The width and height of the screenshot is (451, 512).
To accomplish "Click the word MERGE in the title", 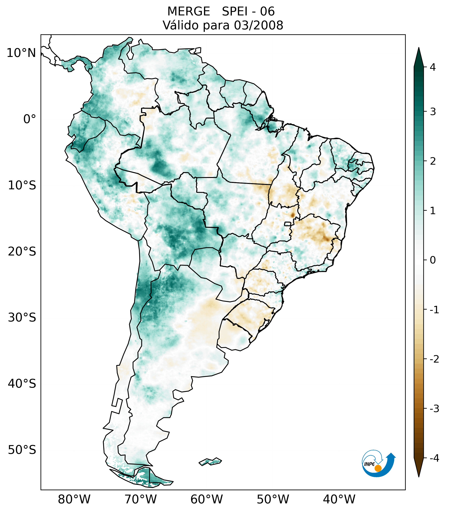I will (189, 12).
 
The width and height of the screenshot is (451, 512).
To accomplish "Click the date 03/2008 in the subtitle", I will (259, 25).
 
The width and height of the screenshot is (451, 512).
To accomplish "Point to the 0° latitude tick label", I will (30, 119).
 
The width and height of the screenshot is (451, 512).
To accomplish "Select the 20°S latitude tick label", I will (22, 252).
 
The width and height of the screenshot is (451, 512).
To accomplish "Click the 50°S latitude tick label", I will (22, 450).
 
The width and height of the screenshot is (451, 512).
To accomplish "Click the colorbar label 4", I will (433, 67).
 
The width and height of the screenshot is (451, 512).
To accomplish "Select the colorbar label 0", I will (433, 260).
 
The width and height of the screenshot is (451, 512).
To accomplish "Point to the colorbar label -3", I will (434, 409).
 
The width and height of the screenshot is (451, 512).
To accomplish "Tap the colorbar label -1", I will (434, 310).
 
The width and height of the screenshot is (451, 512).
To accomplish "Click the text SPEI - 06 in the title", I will (248, 12).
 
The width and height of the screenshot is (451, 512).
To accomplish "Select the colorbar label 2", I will (433, 161).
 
